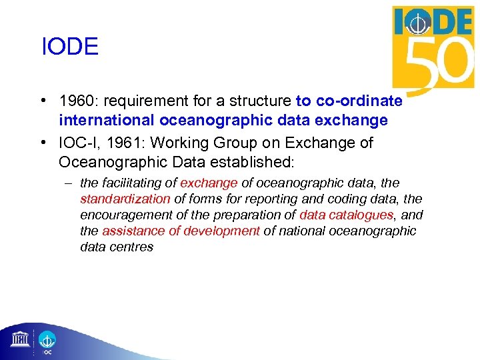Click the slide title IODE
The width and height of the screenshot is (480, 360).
coord(69,47)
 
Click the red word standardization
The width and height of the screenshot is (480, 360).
coord(125,199)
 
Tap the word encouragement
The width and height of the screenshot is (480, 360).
coord(127,215)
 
